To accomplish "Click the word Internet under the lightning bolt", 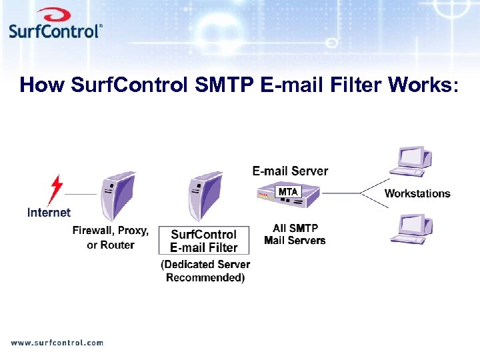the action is click(49, 213).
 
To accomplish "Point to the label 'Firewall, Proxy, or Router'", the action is click(111, 237).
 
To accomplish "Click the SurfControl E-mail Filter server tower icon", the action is click(203, 194).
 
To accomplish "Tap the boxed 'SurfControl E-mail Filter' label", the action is click(203, 241).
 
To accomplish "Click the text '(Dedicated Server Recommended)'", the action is click(205, 271).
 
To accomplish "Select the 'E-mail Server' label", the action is click(290, 171).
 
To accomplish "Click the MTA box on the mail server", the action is click(288, 192).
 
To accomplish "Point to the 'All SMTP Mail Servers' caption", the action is click(295, 234).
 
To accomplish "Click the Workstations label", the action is click(417, 193).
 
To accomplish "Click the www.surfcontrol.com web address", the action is click(57, 343).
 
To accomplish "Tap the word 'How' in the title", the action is click(42, 85).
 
